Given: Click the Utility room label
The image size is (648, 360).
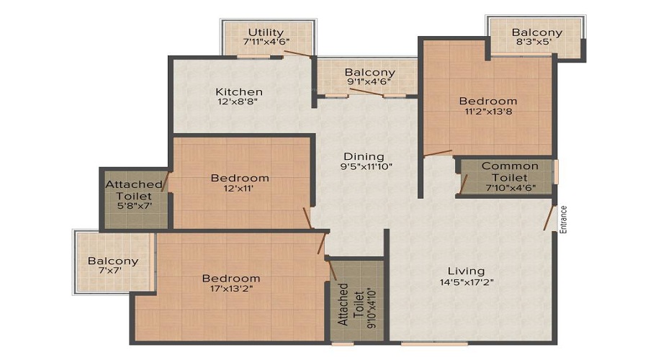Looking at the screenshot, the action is click(266, 32).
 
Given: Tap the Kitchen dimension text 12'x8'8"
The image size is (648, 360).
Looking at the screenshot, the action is click(238, 102).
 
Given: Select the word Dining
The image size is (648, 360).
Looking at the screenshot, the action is click(364, 157).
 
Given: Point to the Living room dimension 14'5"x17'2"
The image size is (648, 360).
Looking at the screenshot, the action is click(467, 283).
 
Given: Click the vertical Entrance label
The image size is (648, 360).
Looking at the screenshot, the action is click(563, 220).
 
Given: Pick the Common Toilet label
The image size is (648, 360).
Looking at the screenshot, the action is click(510, 172).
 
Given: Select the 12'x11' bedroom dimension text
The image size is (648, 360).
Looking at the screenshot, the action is click(238, 189).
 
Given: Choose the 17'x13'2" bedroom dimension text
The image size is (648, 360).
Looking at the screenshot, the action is click(231, 289).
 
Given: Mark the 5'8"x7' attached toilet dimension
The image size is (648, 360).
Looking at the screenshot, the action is click(135, 205).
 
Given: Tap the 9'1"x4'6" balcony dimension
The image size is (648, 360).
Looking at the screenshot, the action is click(369, 82).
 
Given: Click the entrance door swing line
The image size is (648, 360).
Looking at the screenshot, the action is click(549, 218).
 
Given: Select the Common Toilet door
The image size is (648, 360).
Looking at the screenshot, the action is click(464, 184).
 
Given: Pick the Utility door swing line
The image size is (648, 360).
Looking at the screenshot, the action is click(297, 53).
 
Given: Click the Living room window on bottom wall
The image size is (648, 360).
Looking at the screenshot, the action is click(434, 343).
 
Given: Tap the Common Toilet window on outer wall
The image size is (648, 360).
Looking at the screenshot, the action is click(556, 171).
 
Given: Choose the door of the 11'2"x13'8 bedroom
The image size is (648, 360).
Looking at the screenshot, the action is click(438, 153).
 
